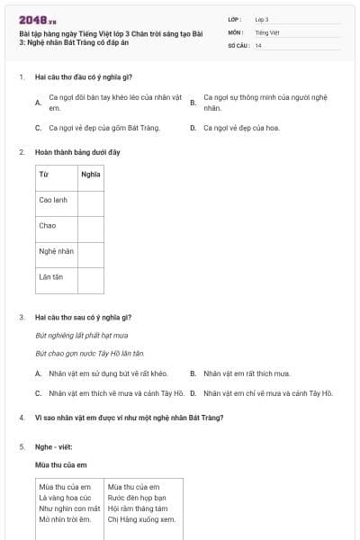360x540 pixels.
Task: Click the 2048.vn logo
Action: pos(37,19)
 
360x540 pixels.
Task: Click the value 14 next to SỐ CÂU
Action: pos(258,45)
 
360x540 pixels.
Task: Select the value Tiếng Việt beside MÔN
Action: pos(267,31)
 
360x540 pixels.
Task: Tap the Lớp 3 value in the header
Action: pos(262,19)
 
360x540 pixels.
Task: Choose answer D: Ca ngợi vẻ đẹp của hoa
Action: pos(241,128)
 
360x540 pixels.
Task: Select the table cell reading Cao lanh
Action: pos(53,200)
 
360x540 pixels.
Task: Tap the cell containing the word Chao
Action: pos(48,225)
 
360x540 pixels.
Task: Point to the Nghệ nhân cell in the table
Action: pos(56,251)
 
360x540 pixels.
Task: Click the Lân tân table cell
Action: pos(51,277)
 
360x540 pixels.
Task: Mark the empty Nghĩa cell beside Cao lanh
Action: pos(91,200)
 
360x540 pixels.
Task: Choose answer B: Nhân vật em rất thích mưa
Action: pos(247,373)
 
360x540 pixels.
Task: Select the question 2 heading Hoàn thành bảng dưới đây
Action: pos(76,152)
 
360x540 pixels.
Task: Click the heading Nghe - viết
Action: pos(55,446)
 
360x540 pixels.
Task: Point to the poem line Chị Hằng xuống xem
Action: pos(141,518)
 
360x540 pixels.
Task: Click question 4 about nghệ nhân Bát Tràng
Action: pos(129,418)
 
